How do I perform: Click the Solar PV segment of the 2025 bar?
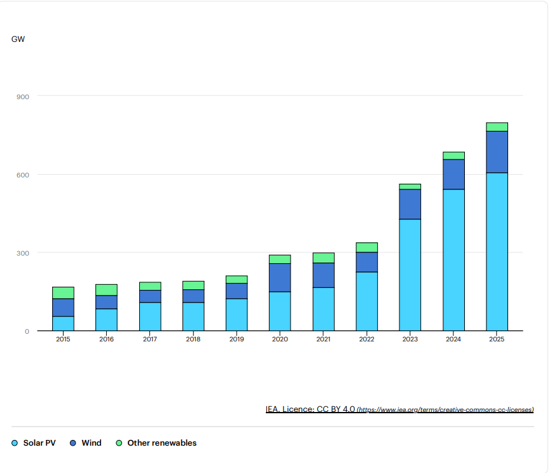click(497, 251)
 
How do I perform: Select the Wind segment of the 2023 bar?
click(410, 204)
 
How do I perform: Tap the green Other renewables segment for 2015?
click(63, 292)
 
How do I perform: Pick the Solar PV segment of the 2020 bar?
click(280, 311)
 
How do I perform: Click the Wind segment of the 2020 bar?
click(280, 277)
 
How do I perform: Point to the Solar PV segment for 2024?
click(453, 259)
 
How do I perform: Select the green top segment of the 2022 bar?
click(367, 247)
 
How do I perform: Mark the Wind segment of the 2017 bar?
click(150, 296)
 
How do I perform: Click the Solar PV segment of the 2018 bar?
click(193, 316)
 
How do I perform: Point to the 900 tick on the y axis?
click(24, 97)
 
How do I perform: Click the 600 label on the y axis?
click(24, 175)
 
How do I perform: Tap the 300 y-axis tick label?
click(24, 253)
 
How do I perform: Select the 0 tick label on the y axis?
click(27, 331)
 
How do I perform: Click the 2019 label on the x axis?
click(237, 339)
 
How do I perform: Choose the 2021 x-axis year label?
click(323, 339)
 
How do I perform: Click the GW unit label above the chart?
click(18, 39)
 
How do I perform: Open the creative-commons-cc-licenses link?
click(445, 410)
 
